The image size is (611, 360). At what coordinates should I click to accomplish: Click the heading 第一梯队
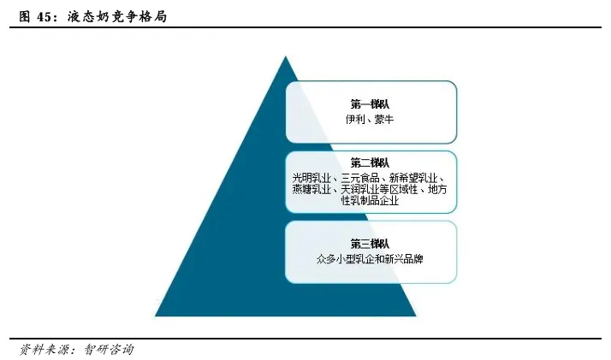tap(370, 103)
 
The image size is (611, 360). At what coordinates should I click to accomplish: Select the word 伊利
tap(355, 120)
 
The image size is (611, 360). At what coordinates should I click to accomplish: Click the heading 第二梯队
tap(370, 162)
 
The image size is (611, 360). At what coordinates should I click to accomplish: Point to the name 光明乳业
tap(311, 177)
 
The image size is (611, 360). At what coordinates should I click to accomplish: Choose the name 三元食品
tap(360, 177)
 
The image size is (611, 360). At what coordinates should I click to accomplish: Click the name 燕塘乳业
tap(311, 189)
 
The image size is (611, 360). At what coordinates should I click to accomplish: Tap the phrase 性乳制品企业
tap(370, 201)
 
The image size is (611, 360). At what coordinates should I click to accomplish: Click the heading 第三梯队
tap(370, 243)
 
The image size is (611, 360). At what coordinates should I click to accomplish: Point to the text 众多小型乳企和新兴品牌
tap(370, 257)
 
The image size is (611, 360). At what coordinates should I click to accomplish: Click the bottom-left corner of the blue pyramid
tap(156, 316)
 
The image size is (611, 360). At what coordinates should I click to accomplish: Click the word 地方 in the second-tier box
tap(437, 189)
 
